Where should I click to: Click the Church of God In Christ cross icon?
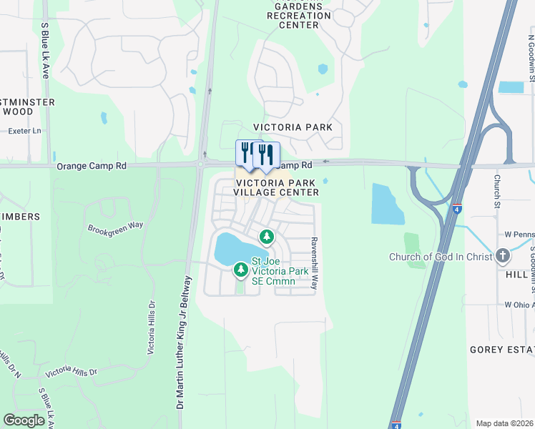point(504,257)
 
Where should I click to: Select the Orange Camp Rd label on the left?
point(91,166)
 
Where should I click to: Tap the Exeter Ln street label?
point(24,131)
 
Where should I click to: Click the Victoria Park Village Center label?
point(278,187)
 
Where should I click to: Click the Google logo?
point(24,420)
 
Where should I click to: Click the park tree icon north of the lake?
point(267,236)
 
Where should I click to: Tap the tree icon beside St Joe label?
point(241,270)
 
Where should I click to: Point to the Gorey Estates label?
point(501,350)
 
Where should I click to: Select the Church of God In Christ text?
point(440,257)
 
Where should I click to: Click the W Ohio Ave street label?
point(519,305)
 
